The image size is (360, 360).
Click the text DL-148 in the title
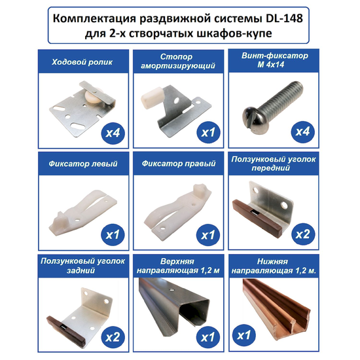click(x=284, y=18)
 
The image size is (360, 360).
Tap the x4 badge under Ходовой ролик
click(x=113, y=132)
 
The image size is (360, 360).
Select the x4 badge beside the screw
click(x=302, y=132)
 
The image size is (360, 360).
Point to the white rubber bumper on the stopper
click(x=151, y=98)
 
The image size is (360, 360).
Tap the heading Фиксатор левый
click(x=83, y=164)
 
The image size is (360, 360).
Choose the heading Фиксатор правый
click(x=179, y=164)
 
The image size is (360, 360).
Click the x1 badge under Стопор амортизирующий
click(x=208, y=132)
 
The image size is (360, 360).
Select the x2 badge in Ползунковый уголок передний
click(x=303, y=234)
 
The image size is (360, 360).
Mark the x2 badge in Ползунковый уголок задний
click(x=113, y=337)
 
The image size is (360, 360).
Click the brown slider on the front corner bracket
click(x=257, y=217)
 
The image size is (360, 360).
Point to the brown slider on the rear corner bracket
click(x=66, y=331)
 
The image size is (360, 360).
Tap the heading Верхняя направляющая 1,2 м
click(x=178, y=266)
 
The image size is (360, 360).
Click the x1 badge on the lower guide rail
click(x=244, y=335)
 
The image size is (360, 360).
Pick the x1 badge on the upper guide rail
click(x=207, y=337)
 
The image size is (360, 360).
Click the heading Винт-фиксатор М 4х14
click(x=274, y=60)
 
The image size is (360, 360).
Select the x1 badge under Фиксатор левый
click(x=113, y=234)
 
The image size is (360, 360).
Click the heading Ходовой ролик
click(x=82, y=62)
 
